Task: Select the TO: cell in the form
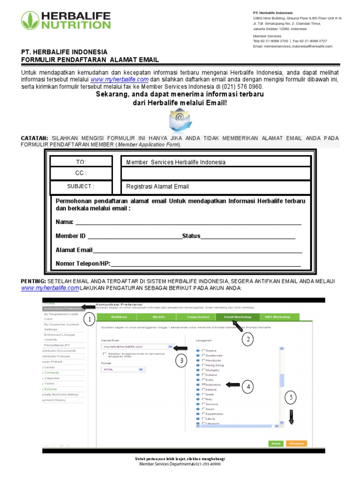[x=82, y=162]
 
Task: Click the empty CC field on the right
[x=216, y=173]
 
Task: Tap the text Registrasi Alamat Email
[x=157, y=187]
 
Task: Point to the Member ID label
[x=70, y=236]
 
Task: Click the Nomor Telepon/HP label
[x=82, y=263]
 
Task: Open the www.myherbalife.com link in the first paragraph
[x=120, y=80]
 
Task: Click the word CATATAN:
[x=34, y=138]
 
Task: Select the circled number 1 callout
[x=90, y=320]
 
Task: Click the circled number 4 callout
[x=248, y=387]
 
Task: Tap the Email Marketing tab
[x=237, y=317]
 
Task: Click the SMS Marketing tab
[x=277, y=317]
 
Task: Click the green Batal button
[x=276, y=443]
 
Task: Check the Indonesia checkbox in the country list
[x=203, y=384]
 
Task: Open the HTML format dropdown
[x=122, y=369]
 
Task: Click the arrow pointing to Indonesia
[x=232, y=384]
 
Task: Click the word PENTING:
[x=33, y=281]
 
